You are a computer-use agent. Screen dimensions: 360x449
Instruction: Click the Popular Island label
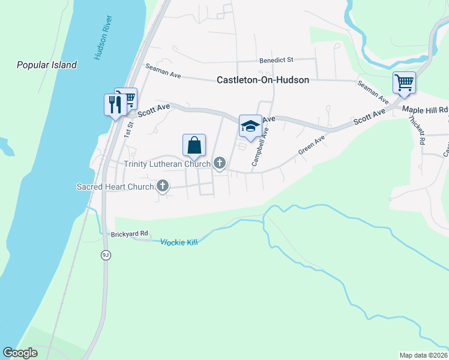[x=47, y=65]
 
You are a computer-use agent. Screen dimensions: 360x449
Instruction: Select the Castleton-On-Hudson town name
[x=263, y=80]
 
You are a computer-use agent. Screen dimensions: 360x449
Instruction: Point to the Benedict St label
[x=276, y=60]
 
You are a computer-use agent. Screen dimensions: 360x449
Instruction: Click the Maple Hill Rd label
[x=425, y=110]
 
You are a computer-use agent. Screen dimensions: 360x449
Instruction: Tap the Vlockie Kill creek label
[x=179, y=242]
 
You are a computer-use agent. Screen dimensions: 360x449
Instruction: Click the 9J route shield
[x=106, y=255]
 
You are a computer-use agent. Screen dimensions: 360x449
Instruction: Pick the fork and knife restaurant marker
[x=113, y=104]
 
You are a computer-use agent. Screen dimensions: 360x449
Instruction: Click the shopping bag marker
[x=194, y=145]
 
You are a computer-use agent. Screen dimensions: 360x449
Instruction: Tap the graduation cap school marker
[x=250, y=126]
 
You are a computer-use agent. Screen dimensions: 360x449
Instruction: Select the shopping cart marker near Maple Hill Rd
[x=404, y=83]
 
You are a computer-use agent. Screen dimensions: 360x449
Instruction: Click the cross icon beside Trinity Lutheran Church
[x=220, y=163]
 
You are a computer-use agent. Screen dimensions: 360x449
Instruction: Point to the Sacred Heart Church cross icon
[x=162, y=187]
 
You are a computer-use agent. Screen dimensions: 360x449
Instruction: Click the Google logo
[x=20, y=353]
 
